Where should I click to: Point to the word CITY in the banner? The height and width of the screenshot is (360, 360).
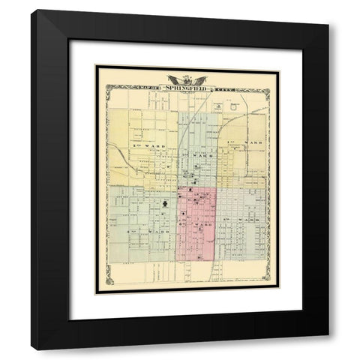[222, 88]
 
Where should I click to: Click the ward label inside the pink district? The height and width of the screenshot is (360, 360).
[197, 224]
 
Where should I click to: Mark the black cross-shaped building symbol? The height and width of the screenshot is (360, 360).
[163, 203]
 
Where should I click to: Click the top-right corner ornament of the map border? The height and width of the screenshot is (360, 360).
[267, 89]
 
